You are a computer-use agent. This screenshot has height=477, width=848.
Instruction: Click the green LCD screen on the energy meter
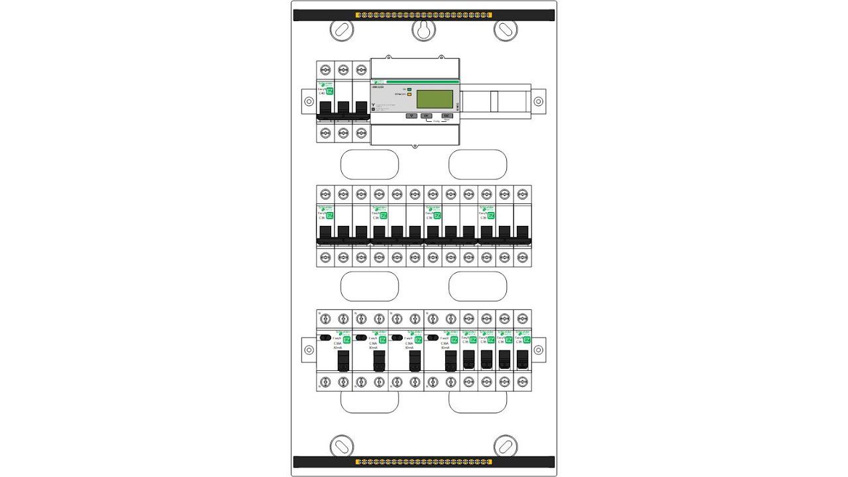pyautogui.click(x=434, y=99)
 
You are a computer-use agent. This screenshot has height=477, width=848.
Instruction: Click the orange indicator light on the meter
pyautogui.click(x=410, y=94)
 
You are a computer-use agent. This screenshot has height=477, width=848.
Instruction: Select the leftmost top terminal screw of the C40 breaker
pyautogui.click(x=325, y=70)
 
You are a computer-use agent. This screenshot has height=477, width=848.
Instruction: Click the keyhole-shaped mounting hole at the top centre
pyautogui.click(x=423, y=29)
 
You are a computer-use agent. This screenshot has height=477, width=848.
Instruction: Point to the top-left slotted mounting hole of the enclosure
pyautogui.click(x=342, y=29)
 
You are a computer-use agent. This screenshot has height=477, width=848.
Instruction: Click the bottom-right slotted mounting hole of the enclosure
pyautogui.click(x=505, y=445)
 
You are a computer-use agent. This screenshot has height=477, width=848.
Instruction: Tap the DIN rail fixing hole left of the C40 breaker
pyautogui.click(x=309, y=101)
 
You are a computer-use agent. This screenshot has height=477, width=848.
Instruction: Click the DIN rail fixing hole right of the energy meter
pyautogui.click(x=538, y=101)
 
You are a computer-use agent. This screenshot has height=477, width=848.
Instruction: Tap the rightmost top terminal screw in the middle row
pyautogui.click(x=523, y=194)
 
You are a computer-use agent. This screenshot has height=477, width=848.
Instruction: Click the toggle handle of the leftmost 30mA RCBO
pyautogui.click(x=343, y=360)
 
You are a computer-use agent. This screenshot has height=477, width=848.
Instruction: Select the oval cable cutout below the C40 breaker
pyautogui.click(x=369, y=164)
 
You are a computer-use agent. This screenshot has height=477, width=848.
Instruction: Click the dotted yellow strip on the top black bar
pyautogui.click(x=424, y=15)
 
